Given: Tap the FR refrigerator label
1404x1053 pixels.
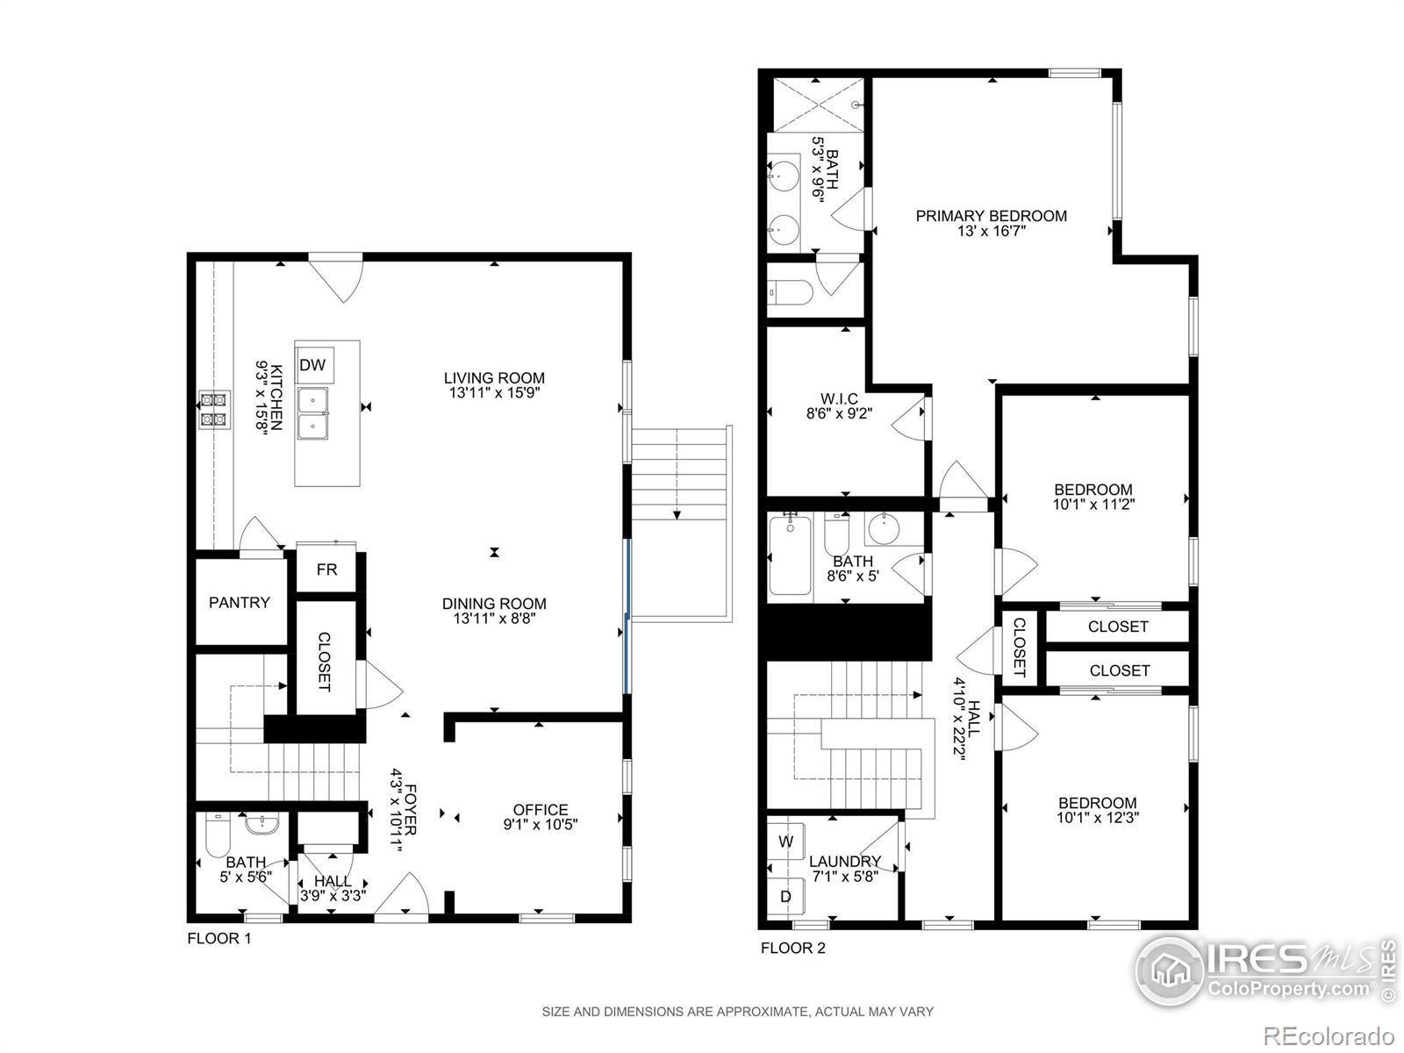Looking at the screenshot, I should tap(326, 569).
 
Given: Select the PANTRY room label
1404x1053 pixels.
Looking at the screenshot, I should tap(239, 603).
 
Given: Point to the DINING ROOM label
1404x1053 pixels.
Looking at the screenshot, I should tap(493, 603).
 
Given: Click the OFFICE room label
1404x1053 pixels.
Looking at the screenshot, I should tap(541, 809).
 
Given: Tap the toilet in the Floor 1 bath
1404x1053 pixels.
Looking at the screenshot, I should tap(215, 835).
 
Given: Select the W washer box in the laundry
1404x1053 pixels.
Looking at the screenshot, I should tap(786, 842).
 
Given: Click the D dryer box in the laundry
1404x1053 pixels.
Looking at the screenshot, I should tap(786, 897).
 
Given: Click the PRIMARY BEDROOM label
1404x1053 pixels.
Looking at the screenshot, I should tap(991, 216).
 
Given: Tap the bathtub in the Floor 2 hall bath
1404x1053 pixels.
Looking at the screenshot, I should tap(791, 557).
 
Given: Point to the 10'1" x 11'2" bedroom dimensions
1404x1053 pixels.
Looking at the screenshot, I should tap(1092, 505).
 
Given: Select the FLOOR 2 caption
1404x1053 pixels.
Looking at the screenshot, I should tap(792, 948).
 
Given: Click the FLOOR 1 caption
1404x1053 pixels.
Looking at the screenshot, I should tap(219, 939).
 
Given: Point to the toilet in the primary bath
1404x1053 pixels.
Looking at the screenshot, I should tap(786, 290).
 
